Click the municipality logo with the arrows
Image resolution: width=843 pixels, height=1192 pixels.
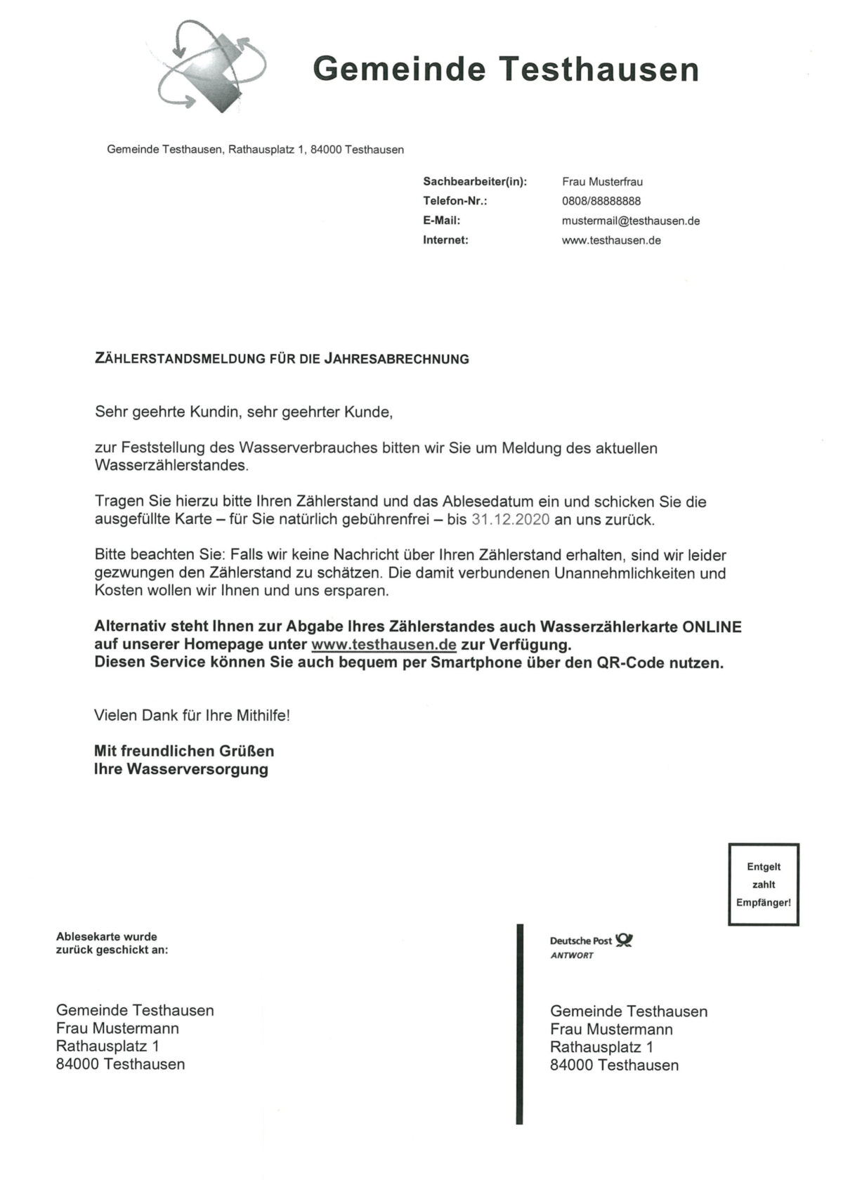[211, 67]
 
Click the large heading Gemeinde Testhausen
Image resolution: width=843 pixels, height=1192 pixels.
[506, 70]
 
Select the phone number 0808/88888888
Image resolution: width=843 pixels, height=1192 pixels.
[601, 201]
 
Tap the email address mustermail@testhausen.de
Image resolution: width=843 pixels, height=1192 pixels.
[631, 221]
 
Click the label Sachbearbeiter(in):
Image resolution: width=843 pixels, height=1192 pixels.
[475, 181]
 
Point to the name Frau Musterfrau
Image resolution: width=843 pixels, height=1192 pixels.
[602, 181]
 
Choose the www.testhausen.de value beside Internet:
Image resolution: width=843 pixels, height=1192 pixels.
[611, 240]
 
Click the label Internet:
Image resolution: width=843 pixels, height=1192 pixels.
[445, 240]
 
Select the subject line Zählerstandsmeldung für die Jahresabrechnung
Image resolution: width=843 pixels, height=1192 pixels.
[282, 359]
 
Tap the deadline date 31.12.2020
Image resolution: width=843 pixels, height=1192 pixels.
[511, 520]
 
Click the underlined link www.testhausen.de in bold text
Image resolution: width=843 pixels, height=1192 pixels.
[384, 644]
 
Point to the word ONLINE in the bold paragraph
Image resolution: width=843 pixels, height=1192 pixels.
[712, 627]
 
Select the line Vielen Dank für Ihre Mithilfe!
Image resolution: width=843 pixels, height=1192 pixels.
[192, 716]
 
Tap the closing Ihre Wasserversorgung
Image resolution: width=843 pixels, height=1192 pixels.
[181, 769]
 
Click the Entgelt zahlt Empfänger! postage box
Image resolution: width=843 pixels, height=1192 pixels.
[764, 884]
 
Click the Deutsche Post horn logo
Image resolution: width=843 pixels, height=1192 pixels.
[624, 940]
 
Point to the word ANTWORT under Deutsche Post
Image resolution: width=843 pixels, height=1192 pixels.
[572, 955]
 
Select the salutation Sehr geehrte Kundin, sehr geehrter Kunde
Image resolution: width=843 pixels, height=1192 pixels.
[244, 412]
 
